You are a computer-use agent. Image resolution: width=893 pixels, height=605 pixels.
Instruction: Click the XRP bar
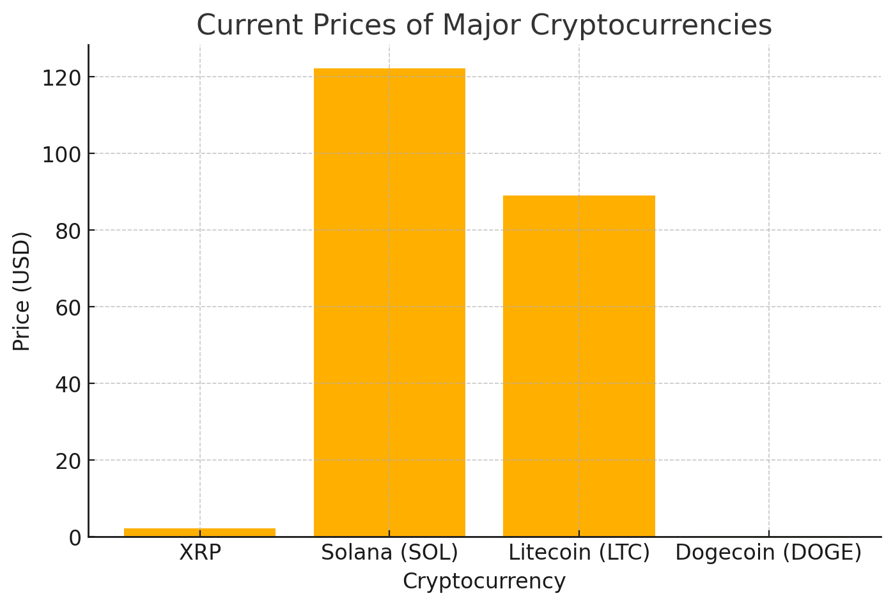tap(199, 532)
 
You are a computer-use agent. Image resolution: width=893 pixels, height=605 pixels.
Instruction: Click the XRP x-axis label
tap(200, 553)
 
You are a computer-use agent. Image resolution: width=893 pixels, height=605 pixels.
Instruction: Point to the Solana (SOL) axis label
tap(389, 553)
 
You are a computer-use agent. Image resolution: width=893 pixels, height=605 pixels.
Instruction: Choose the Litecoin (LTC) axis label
tap(579, 553)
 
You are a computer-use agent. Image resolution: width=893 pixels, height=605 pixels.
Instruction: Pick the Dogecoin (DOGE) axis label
tap(768, 553)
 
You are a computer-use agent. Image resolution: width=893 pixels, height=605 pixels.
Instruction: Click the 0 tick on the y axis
tap(75, 538)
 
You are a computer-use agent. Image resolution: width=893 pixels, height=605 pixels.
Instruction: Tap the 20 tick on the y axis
tap(68, 461)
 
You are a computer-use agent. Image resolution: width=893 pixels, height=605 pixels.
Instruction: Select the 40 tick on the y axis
tap(68, 385)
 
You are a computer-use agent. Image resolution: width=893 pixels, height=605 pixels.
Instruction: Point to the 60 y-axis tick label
tap(68, 308)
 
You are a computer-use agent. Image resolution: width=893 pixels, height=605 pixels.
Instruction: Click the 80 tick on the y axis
tap(68, 231)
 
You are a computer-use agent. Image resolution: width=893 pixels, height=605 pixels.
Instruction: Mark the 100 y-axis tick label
tap(61, 155)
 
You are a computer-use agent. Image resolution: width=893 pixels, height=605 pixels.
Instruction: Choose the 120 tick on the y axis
tap(61, 78)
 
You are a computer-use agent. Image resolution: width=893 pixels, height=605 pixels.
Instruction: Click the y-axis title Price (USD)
tap(22, 291)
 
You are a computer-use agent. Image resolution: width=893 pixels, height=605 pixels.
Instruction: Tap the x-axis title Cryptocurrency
tap(484, 581)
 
